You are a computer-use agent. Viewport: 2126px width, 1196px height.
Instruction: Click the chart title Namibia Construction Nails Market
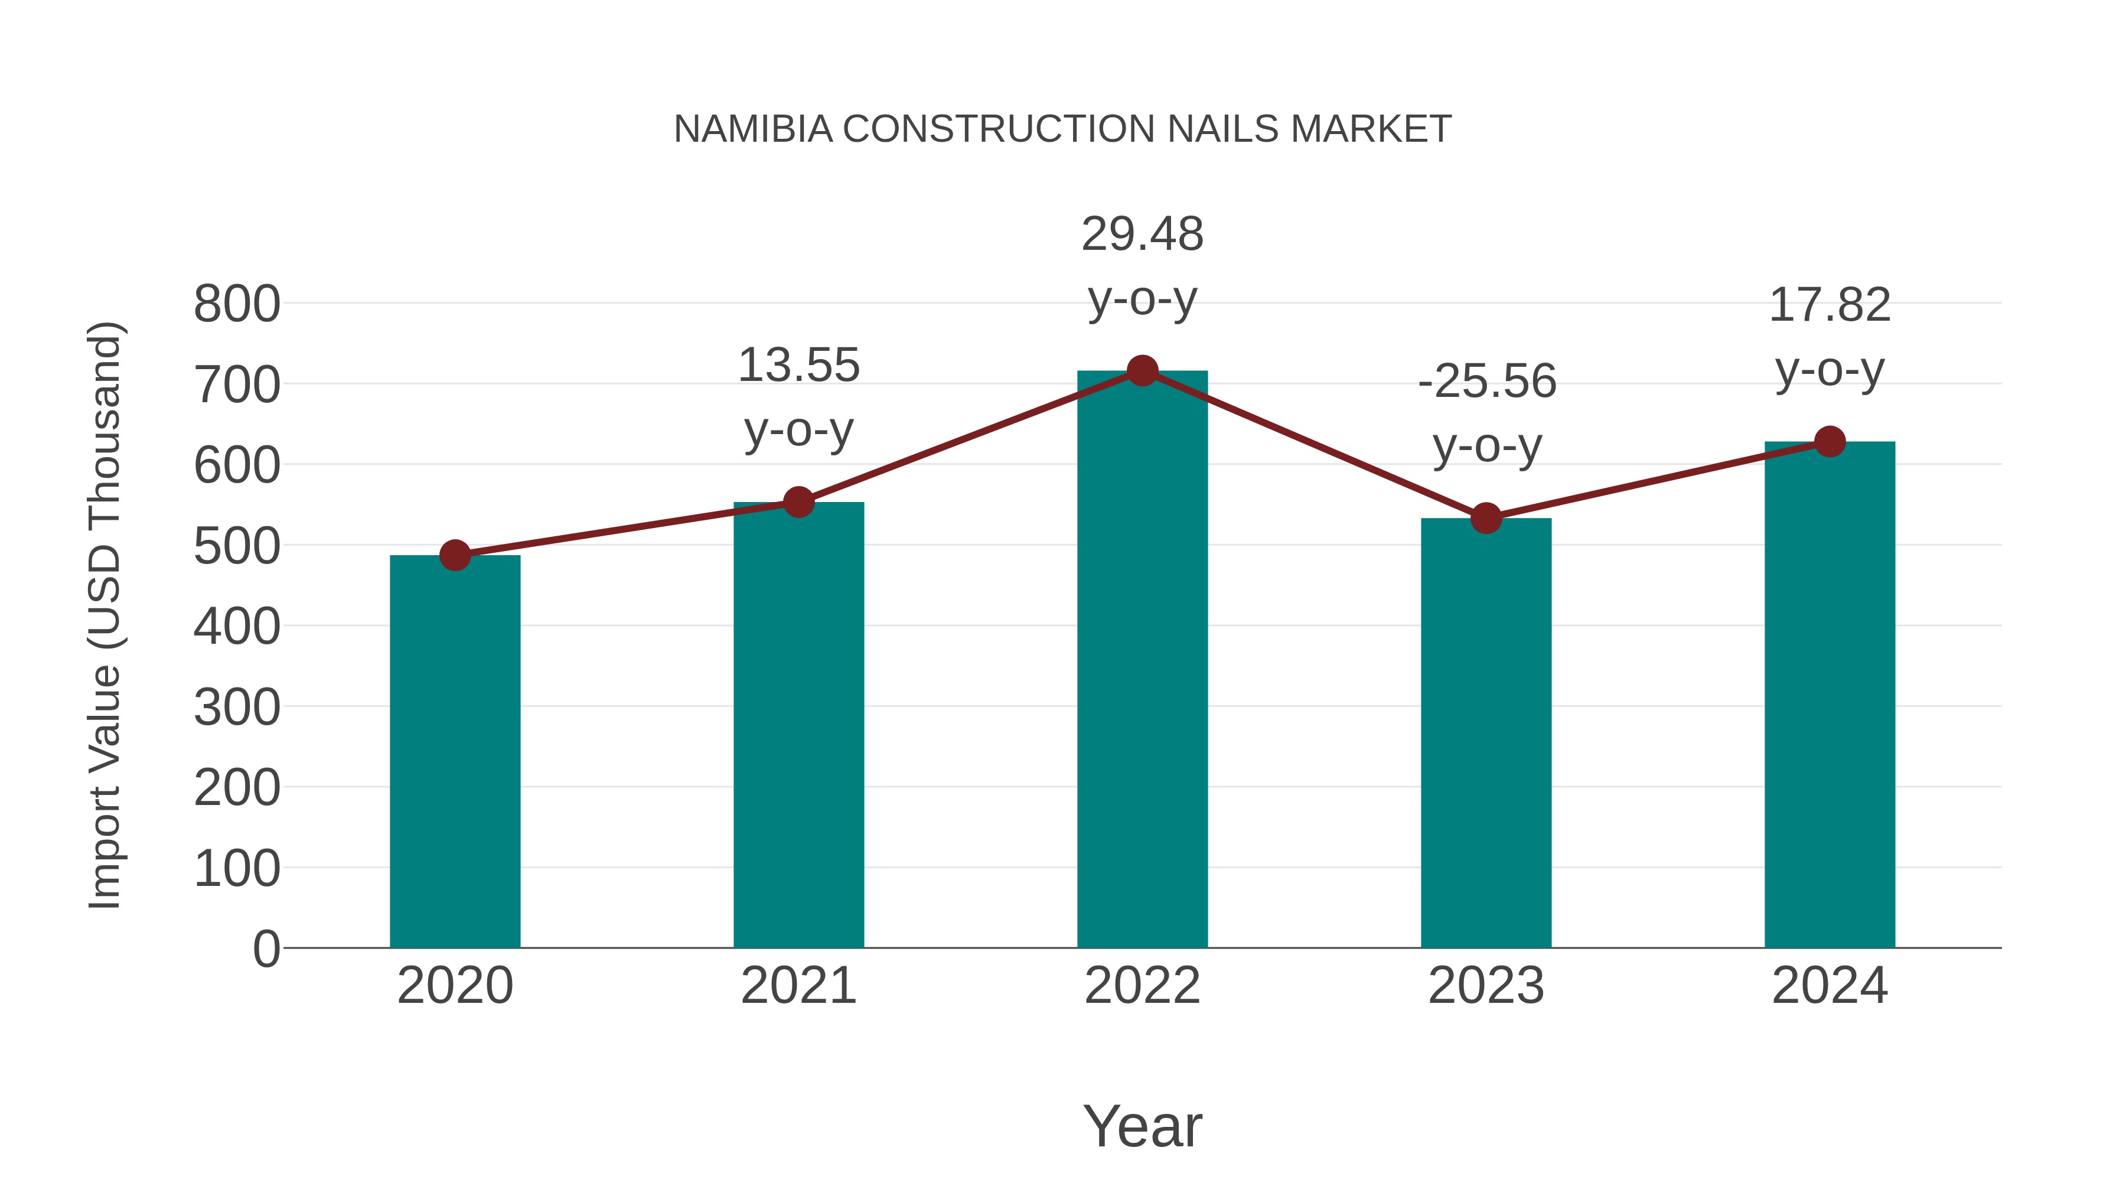(1062, 129)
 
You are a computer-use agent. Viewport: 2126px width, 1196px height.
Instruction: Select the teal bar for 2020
(455, 751)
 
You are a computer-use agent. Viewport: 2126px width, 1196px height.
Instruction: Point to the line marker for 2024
(1830, 442)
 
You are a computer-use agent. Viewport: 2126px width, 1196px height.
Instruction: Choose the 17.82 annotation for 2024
(1830, 305)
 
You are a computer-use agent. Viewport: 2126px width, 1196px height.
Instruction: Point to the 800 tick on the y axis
(237, 305)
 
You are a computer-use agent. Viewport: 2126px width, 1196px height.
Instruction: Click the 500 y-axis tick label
(237, 546)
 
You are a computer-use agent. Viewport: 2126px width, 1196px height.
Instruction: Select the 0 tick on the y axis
(266, 949)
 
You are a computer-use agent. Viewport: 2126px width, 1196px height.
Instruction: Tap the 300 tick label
(237, 708)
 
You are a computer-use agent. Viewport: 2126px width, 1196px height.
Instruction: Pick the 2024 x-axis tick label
(1830, 986)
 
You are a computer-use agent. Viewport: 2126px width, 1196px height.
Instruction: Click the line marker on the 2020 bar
(455, 556)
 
